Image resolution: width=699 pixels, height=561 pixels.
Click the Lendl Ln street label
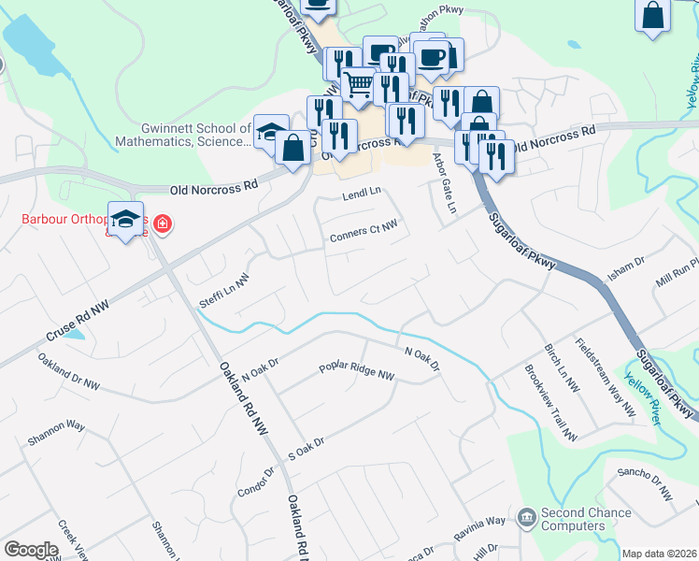pyautogui.click(x=363, y=193)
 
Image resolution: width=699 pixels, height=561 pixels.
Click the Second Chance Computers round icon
pyautogui.click(x=526, y=516)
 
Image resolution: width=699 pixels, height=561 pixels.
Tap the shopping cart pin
pyautogui.click(x=359, y=86)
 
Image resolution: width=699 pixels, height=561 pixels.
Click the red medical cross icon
pyautogui.click(x=163, y=223)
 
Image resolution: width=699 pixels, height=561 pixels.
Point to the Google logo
pyautogui.click(x=31, y=549)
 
